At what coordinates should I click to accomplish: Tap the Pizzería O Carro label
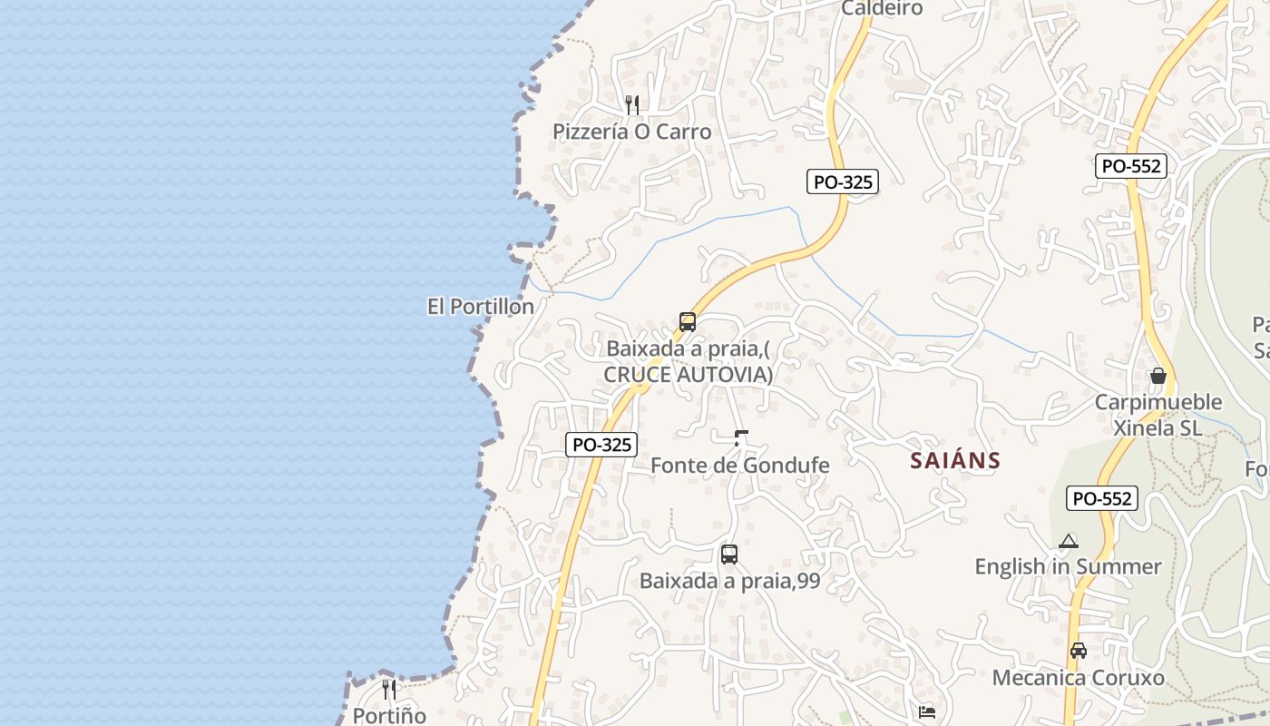[632, 132]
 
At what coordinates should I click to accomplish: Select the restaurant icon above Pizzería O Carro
[632, 105]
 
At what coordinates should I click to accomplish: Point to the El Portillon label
[481, 307]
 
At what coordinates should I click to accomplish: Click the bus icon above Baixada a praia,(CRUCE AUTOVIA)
[688, 322]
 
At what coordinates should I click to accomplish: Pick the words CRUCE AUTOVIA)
[689, 374]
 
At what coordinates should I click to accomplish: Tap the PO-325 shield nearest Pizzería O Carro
[843, 181]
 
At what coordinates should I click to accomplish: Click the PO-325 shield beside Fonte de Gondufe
[601, 445]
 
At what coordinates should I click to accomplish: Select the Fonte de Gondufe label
[740, 466]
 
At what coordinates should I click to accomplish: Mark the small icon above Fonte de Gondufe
[741, 438]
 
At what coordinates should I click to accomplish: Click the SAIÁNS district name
[955, 461]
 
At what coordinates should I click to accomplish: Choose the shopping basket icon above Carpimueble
[1158, 375]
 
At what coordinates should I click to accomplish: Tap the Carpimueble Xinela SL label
[1158, 415]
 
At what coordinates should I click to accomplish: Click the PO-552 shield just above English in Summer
[1102, 498]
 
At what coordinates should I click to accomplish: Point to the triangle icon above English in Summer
[1069, 542]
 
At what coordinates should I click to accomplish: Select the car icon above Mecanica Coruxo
[1078, 651]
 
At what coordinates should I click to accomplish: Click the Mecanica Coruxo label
[1078, 678]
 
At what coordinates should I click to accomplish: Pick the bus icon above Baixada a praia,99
[728, 554]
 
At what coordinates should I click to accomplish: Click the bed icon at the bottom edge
[926, 713]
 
